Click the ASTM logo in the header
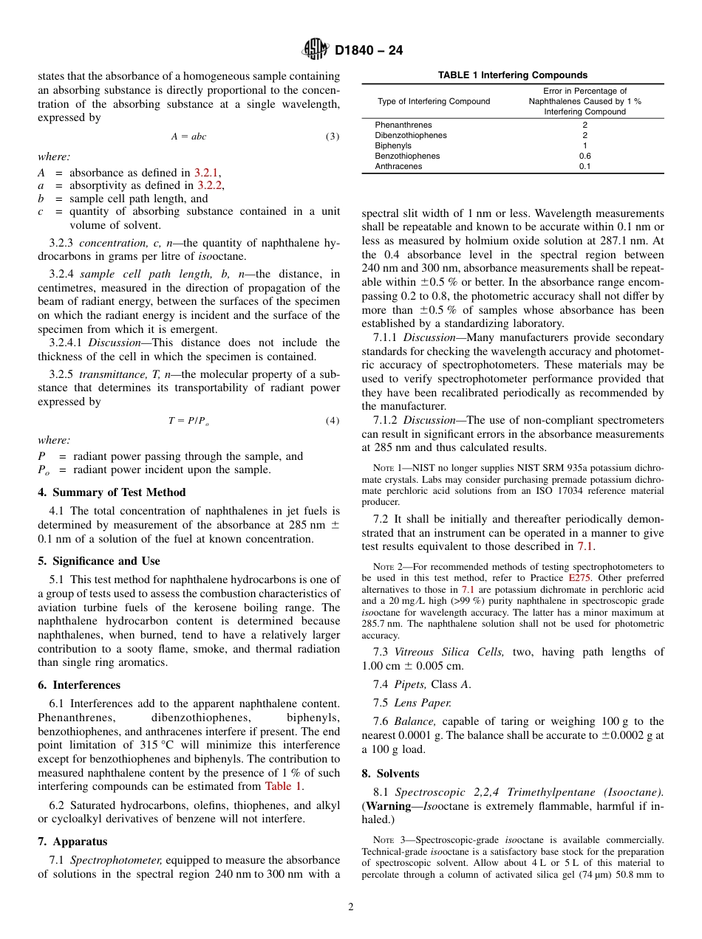(315, 50)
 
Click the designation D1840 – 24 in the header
(369, 51)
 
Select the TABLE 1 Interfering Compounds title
(512, 75)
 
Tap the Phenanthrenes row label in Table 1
(403, 125)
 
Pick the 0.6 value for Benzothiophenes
(585, 156)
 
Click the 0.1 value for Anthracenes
(585, 167)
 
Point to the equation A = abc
(189, 137)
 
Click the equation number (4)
(333, 421)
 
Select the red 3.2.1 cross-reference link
(207, 173)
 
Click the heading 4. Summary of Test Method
(112, 492)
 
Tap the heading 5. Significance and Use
(99, 561)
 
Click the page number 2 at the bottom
(351, 907)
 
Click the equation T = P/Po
(189, 421)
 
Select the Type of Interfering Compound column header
(434, 101)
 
